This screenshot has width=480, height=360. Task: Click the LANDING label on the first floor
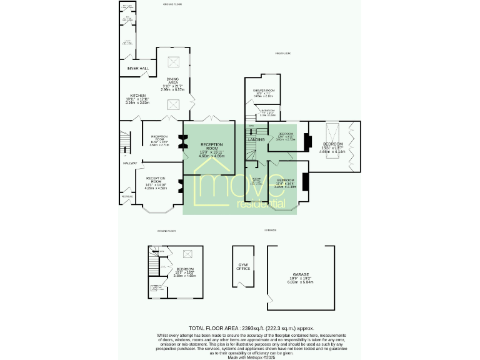point(256,139)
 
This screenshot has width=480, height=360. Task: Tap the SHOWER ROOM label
point(264,91)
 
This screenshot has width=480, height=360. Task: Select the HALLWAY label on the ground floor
point(130,164)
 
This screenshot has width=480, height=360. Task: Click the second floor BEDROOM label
point(185,269)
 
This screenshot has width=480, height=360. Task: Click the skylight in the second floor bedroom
point(186,254)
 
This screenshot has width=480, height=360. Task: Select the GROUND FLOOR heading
point(172,4)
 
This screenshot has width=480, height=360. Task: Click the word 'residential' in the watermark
point(261,204)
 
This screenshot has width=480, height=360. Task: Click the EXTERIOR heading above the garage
point(270,230)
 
